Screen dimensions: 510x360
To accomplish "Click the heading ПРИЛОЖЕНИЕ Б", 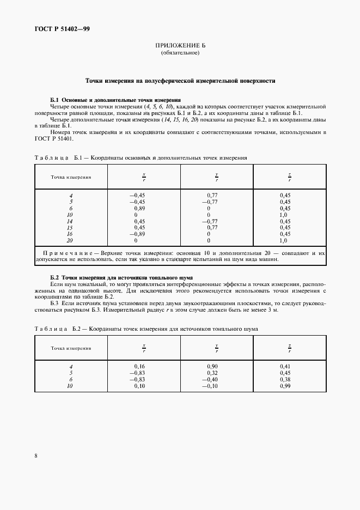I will point(180,46).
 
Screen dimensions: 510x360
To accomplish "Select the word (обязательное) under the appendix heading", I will point(180,53).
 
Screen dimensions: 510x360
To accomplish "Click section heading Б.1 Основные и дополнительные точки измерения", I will point(115,100).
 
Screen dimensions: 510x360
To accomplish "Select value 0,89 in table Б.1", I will point(139,208).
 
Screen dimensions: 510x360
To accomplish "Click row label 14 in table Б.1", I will point(70,221).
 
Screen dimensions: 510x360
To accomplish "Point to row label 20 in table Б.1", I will point(70,240).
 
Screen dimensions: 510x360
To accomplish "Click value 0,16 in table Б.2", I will point(139,367).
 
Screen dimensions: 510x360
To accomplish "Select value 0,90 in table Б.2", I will point(213,367).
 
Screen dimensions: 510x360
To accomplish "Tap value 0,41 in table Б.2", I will point(285,367).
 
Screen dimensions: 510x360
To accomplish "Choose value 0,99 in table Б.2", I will point(285,386).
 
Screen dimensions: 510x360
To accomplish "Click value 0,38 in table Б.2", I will point(285,379).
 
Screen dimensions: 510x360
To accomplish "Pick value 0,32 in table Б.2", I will point(213,373).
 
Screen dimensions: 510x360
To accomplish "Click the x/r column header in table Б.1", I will point(144,177).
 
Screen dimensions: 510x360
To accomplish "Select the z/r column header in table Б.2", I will point(290,348).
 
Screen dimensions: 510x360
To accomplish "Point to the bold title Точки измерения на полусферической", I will point(180,81).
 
